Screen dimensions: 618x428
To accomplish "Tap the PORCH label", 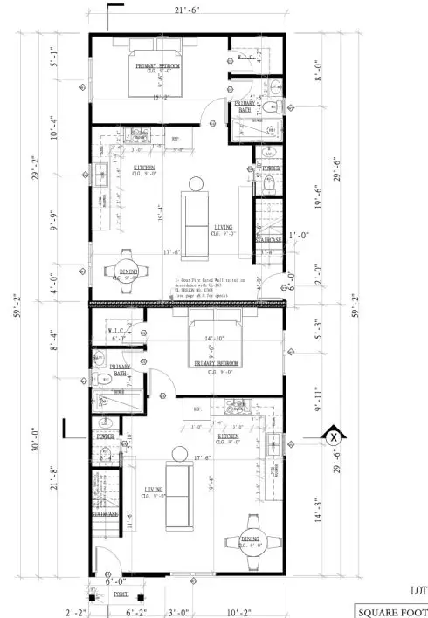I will pyautogui.click(x=121, y=595).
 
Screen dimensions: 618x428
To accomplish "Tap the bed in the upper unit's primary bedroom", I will pyautogui.click(x=157, y=67).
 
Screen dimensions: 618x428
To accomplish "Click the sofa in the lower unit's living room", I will pyautogui.click(x=179, y=494).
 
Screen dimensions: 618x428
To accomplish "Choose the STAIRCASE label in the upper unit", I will pyautogui.click(x=267, y=239).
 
